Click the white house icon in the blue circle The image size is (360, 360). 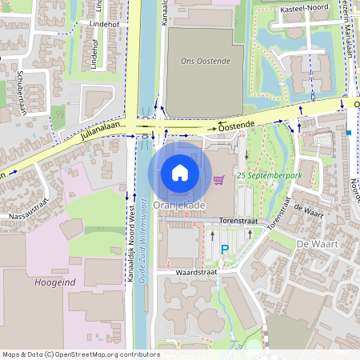pyautogui.click(x=180, y=172)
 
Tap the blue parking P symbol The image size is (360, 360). pyautogui.click(x=225, y=250)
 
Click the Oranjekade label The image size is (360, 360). pyautogui.click(x=179, y=206)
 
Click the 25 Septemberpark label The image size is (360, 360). pyautogui.click(x=263, y=174)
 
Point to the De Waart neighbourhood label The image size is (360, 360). pyautogui.click(x=314, y=243)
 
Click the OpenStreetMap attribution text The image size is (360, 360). pyautogui.click(x=81, y=354)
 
